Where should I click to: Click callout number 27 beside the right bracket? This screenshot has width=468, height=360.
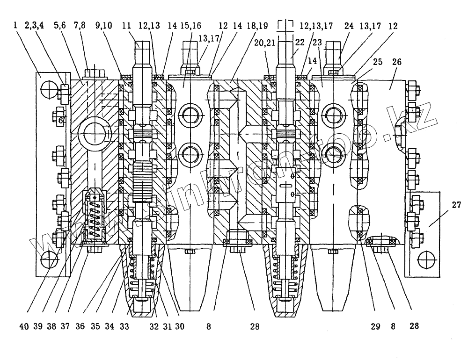pyautogui.click(x=456, y=204)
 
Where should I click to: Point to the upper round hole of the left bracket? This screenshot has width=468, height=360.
pyautogui.click(x=49, y=88)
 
